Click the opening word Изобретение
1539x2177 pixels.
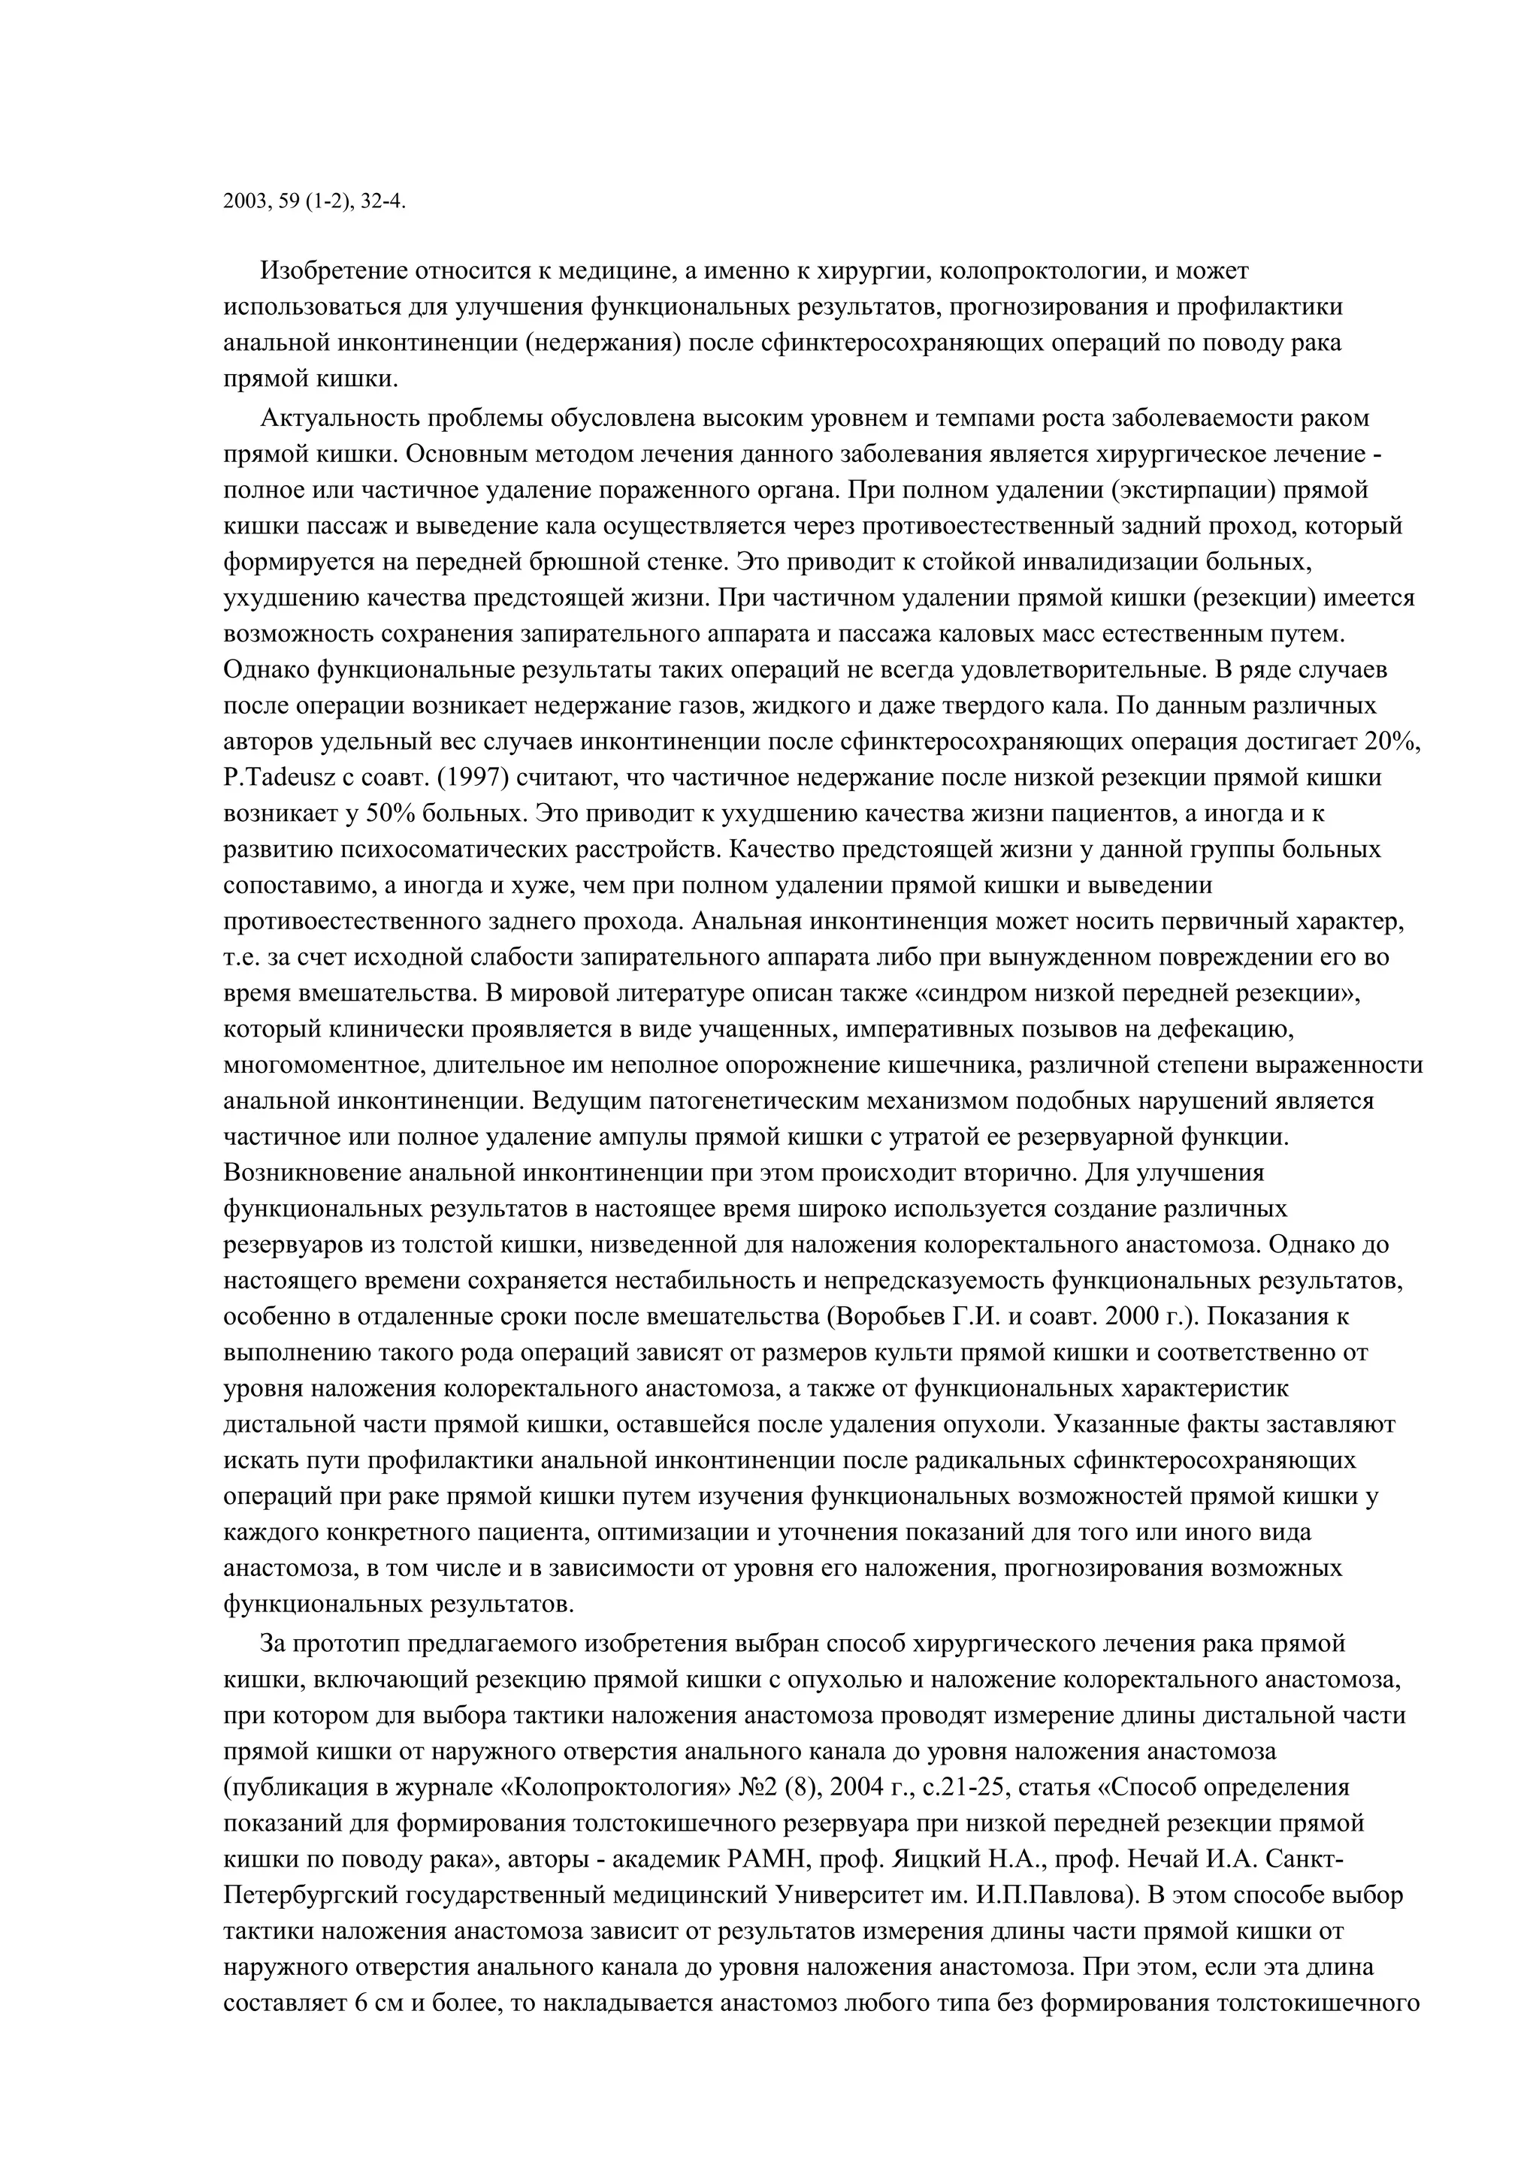[336, 271]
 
